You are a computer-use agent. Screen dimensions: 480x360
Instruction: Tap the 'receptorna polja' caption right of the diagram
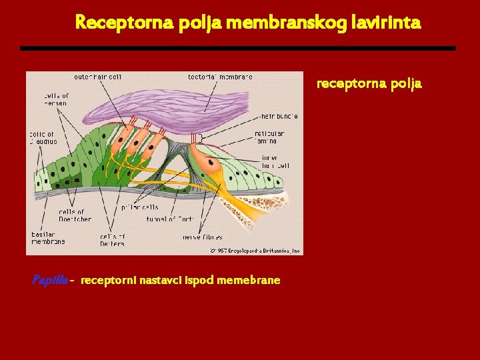[369, 84]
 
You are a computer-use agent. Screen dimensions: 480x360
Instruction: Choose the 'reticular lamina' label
[269, 137]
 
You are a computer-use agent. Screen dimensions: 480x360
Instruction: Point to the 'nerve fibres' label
[202, 237]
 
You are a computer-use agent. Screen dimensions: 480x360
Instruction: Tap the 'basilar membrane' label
[48, 238]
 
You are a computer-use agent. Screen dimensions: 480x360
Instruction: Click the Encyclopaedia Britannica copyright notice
[255, 251]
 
